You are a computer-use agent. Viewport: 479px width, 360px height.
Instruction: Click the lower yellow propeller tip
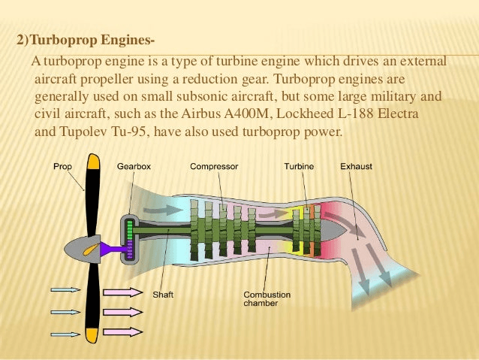pos(92,334)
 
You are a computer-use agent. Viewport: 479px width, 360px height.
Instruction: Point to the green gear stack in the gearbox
pos(131,239)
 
